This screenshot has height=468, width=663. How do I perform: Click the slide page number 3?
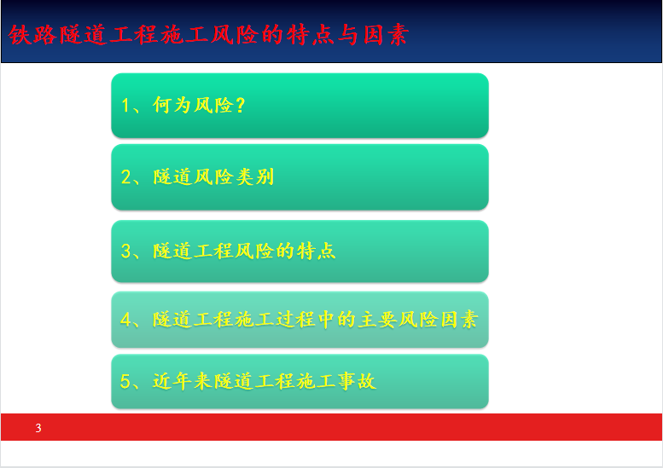tap(38, 428)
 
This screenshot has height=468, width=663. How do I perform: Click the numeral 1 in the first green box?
tap(125, 105)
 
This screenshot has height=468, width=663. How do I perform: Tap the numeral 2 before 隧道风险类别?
tap(126, 177)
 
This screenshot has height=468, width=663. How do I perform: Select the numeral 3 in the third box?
tap(126, 251)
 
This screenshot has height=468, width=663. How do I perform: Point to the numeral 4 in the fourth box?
tap(125, 320)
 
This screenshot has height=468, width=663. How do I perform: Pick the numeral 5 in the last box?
tap(125, 381)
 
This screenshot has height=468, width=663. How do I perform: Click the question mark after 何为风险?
tap(241, 105)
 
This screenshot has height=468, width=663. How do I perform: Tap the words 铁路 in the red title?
tap(32, 35)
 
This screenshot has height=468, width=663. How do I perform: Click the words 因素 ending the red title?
tap(386, 35)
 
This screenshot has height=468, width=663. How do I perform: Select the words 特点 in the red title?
tap(310, 35)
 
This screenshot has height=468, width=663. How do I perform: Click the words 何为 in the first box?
tap(172, 105)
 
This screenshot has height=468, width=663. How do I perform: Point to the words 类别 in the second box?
tap(254, 176)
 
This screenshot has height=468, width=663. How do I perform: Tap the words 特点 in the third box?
tap(316, 251)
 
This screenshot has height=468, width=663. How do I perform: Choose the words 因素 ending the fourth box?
tap(459, 320)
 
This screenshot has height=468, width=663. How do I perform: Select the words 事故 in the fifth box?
tap(357, 381)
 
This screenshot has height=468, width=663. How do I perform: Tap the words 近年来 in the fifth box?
tap(183, 381)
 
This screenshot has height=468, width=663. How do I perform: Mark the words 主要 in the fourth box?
tap(377, 320)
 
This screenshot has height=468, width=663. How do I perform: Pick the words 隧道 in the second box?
tap(172, 176)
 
